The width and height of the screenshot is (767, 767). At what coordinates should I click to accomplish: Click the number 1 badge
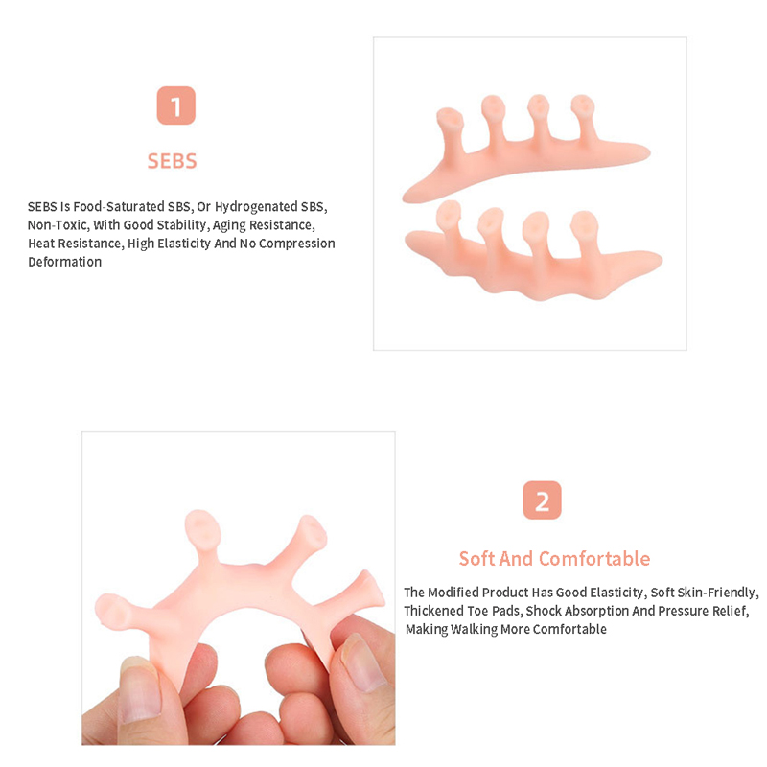click(176, 105)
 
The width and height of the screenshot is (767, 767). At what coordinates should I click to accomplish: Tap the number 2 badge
click(542, 500)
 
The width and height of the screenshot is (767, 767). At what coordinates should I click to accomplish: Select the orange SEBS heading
click(173, 161)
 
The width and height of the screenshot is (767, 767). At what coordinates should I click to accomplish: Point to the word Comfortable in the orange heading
click(594, 559)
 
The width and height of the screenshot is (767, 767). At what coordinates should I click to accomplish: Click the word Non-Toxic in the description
click(58, 225)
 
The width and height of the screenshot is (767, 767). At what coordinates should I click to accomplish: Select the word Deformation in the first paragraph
click(64, 262)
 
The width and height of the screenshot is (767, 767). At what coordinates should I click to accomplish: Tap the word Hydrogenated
click(255, 207)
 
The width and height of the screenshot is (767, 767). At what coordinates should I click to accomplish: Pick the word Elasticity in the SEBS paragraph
click(183, 244)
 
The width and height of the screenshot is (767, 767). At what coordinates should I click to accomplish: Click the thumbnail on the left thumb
click(140, 689)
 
